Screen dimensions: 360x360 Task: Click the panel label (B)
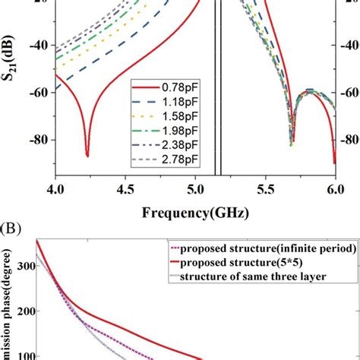click(x=13, y=228)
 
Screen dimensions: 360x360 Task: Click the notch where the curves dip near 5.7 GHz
click(x=291, y=143)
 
